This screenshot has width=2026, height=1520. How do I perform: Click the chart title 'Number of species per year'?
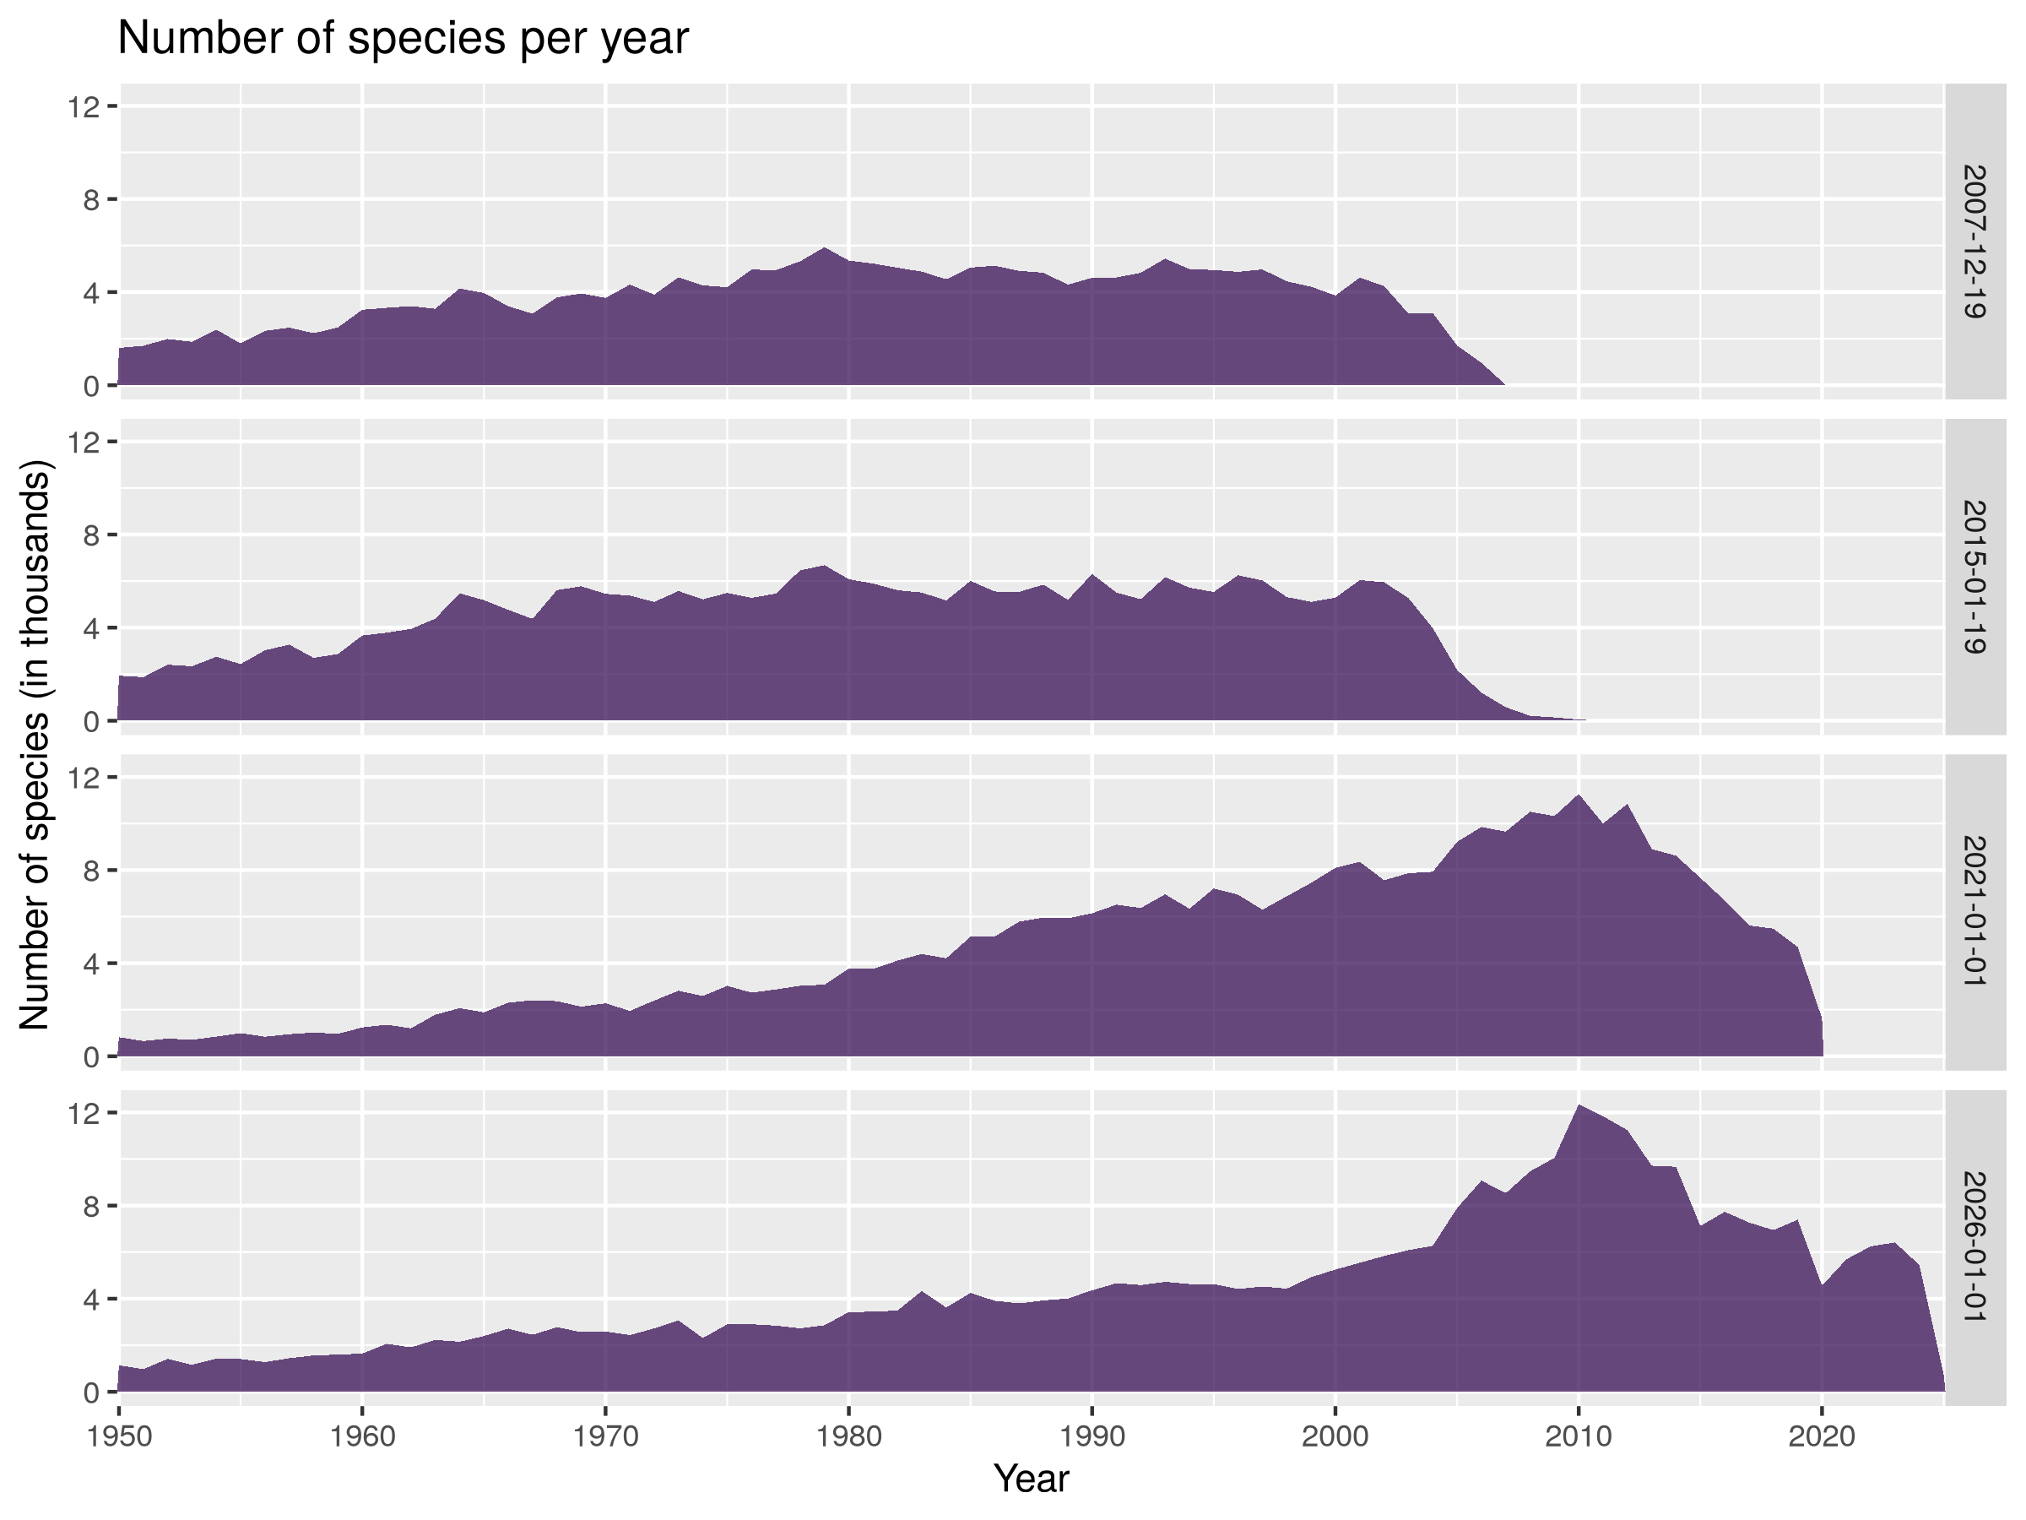403,39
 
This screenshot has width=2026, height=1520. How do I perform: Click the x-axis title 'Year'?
1032,1479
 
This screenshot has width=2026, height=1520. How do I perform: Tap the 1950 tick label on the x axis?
119,1436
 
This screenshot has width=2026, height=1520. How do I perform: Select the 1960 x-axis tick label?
363,1436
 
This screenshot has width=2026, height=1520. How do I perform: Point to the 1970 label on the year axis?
605,1436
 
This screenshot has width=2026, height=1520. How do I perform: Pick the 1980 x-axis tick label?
849,1436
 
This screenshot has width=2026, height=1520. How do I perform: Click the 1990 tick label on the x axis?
1092,1436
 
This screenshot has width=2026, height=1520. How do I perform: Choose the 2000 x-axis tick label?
1335,1436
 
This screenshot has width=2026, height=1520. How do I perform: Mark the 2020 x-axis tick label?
1822,1436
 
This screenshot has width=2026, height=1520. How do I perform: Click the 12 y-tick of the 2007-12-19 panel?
84,107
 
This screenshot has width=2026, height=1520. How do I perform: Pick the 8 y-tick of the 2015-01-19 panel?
90,535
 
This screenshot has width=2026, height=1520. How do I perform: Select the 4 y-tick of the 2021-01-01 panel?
90,964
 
